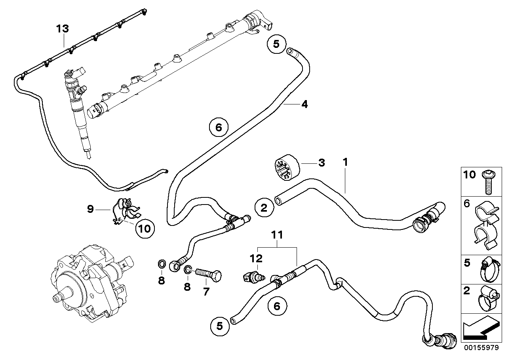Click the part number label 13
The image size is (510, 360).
click(62, 28)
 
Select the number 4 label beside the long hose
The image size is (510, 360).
click(304, 104)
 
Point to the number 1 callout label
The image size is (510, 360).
click(345, 162)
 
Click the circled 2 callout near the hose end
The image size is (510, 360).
click(264, 208)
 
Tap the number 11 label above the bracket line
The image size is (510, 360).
click(277, 235)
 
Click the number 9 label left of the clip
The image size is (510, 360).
click(90, 209)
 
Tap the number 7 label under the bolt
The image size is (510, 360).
click(206, 292)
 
